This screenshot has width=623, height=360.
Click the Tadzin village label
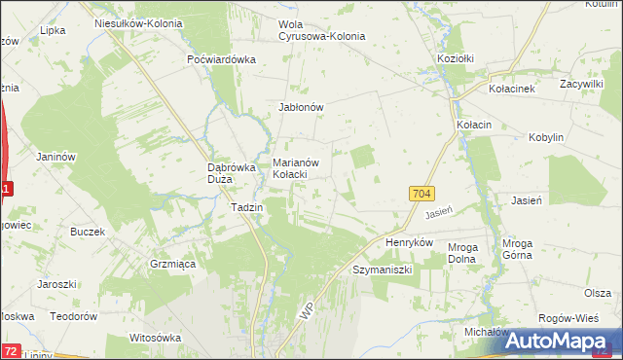pyautogui.click(x=246, y=207)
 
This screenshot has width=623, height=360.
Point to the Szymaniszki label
pyautogui.click(x=383, y=268)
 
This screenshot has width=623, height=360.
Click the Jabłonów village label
pyautogui.click(x=301, y=107)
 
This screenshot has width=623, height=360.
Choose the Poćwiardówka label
pyautogui.click(x=221, y=58)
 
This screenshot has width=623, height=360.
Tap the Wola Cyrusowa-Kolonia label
pyautogui.click(x=321, y=30)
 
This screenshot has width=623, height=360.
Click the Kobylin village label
pyautogui.click(x=545, y=138)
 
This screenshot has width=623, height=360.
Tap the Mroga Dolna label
pyautogui.click(x=462, y=253)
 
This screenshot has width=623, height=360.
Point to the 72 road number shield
pyautogui.click(x=10, y=348)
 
